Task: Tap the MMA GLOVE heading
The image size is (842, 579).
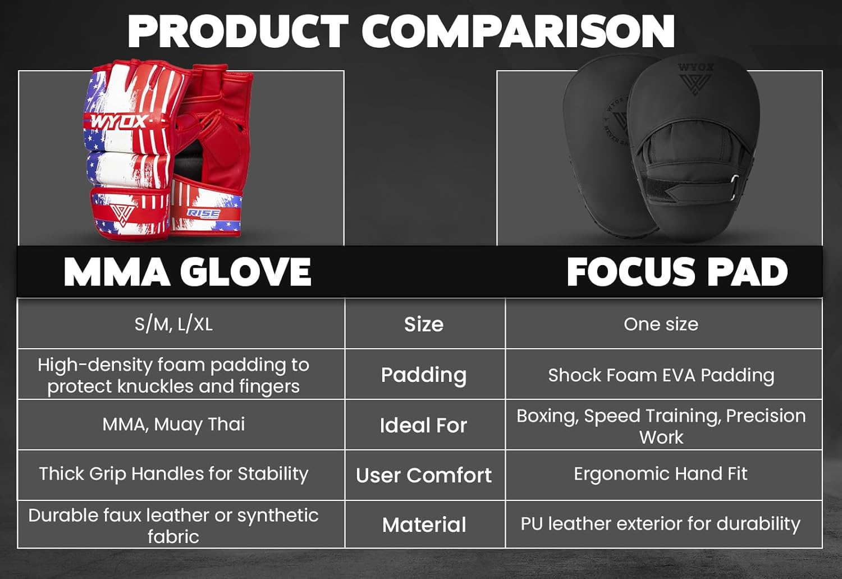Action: (187, 272)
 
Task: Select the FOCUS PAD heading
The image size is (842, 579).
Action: (677, 272)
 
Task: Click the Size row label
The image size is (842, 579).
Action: (424, 324)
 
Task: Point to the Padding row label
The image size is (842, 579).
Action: (424, 375)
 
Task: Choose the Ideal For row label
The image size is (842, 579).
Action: (424, 426)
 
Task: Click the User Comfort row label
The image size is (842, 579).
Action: (424, 475)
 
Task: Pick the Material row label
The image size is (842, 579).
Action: (424, 525)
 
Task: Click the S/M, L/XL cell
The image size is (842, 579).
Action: (173, 324)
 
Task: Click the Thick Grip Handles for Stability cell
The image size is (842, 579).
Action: (173, 474)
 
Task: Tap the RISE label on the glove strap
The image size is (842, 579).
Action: (203, 213)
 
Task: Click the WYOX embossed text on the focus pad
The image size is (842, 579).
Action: (695, 67)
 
